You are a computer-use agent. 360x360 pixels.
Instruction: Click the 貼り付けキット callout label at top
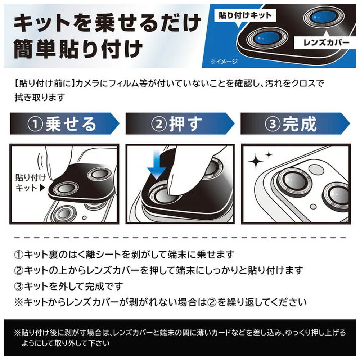pyautogui.click(x=245, y=15)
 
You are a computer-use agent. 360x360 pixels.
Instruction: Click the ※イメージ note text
pyautogui.click(x=224, y=62)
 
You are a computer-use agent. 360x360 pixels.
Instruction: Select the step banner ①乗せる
pyautogui.click(x=64, y=123)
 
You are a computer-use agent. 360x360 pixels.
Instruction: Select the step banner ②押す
pyautogui.click(x=180, y=123)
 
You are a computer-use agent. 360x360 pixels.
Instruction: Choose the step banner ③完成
pyautogui.click(x=295, y=123)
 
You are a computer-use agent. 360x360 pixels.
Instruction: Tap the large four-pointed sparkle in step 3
pyautogui.click(x=256, y=161)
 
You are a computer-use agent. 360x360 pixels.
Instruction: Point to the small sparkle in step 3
pyautogui.click(x=269, y=155)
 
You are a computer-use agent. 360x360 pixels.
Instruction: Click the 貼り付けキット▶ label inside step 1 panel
pyautogui.click(x=31, y=183)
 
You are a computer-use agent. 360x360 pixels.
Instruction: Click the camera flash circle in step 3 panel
pyautogui.click(x=316, y=170)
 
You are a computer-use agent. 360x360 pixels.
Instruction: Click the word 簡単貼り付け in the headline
pyautogui.click(x=78, y=49)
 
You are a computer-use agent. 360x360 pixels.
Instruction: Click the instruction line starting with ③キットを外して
pyautogui.click(x=68, y=286)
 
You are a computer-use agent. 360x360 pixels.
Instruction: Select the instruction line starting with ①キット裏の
pyautogui.click(x=124, y=255)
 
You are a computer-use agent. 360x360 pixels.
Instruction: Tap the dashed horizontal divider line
pyautogui.click(x=180, y=237)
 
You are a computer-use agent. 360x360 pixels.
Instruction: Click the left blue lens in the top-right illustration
pyautogui.click(x=267, y=38)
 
